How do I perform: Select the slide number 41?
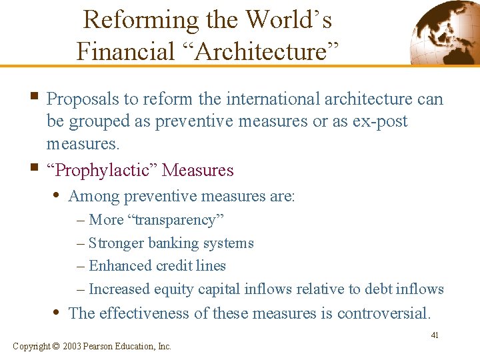[x=434, y=335]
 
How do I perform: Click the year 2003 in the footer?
[x=73, y=346]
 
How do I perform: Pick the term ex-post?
[x=381, y=121]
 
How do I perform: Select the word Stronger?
[x=115, y=243]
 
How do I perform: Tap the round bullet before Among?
[x=59, y=196]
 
